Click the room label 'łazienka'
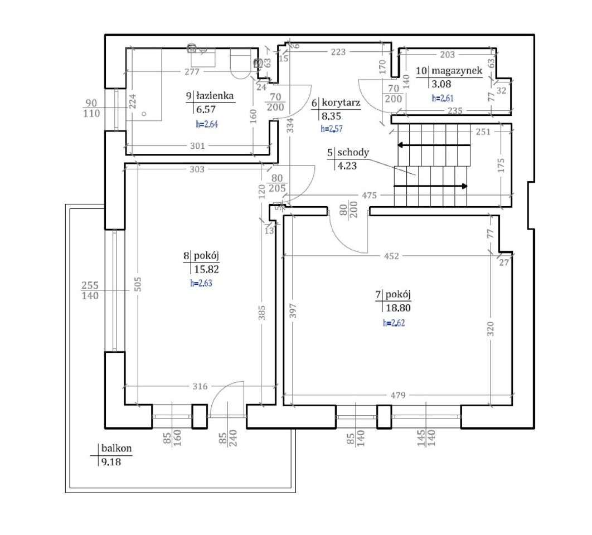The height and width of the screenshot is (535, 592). [215, 96]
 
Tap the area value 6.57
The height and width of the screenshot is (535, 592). [206, 109]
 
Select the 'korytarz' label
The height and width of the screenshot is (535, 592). [341, 103]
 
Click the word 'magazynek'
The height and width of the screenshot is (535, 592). [457, 71]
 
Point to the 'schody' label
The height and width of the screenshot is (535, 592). [353, 153]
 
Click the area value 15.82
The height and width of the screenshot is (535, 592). [206, 269]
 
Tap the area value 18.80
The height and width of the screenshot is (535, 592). [398, 308]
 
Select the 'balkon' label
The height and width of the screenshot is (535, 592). [117, 448]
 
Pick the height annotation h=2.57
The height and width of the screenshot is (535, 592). [332, 129]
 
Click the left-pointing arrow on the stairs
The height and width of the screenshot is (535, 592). [434, 145]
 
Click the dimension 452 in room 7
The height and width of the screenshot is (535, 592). [391, 256]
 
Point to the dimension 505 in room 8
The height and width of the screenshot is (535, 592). [138, 284]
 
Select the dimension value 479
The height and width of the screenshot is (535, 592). [398, 395]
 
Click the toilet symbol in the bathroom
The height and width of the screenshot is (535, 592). [240, 64]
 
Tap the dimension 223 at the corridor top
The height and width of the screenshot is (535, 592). [338, 52]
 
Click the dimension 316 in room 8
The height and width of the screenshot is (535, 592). [200, 386]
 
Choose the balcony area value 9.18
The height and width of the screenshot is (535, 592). [111, 462]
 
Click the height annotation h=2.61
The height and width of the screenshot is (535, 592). [443, 98]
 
